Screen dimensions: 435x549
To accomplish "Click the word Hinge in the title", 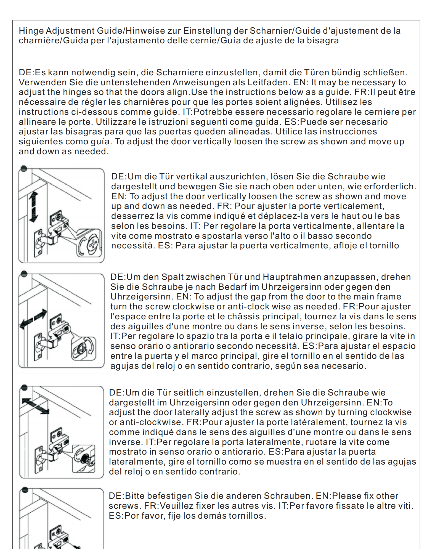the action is pos(31,31).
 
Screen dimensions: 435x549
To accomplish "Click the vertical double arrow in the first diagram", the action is pos(33,207).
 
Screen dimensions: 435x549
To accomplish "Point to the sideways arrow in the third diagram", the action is pos(35,406).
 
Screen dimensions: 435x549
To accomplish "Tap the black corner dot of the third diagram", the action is pos(24,388).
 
